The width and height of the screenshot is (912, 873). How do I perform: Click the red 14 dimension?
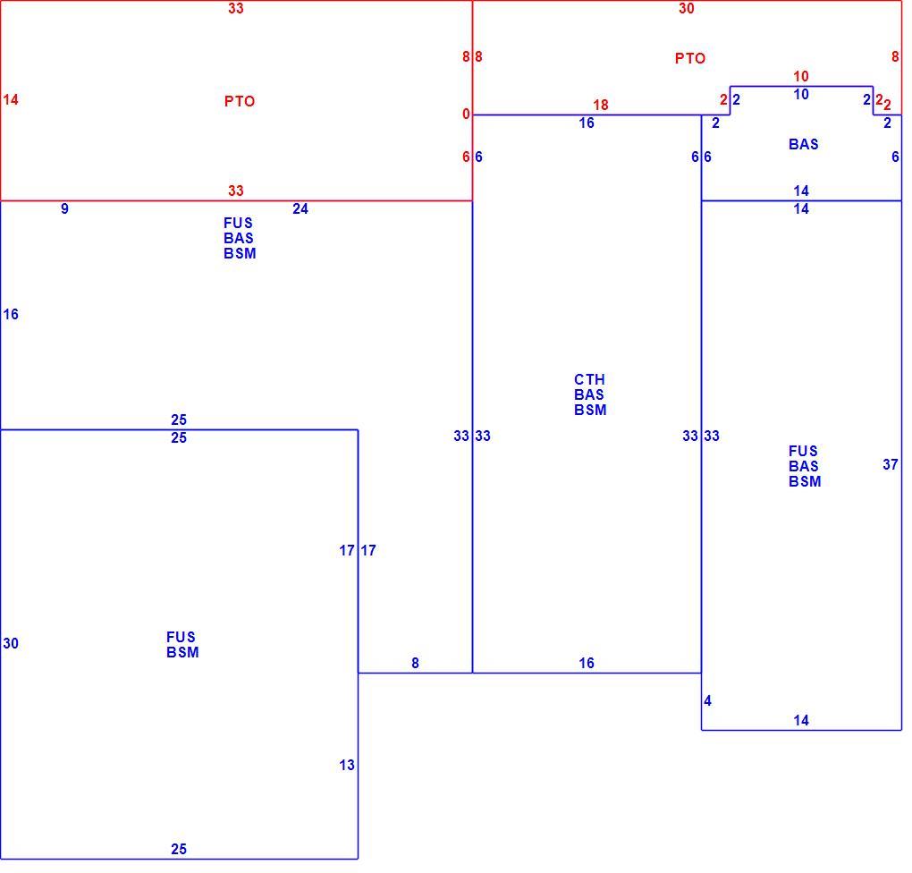pyautogui.click(x=11, y=99)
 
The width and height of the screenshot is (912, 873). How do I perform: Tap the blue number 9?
pyautogui.click(x=64, y=208)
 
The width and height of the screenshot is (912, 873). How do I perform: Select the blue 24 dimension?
pyautogui.click(x=300, y=208)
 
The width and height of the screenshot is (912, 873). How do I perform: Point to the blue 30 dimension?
pyautogui.click(x=11, y=643)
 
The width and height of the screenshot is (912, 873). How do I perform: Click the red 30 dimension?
pyautogui.click(x=687, y=8)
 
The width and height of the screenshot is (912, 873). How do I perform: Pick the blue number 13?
pyautogui.click(x=347, y=765)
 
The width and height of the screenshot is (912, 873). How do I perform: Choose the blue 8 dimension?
pyautogui.click(x=415, y=663)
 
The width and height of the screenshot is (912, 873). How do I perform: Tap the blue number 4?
pyautogui.click(x=707, y=700)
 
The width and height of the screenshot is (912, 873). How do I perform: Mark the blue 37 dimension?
pyautogui.click(x=890, y=464)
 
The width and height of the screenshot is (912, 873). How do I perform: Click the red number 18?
pyautogui.click(x=600, y=105)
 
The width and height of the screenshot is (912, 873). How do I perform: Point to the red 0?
pyautogui.click(x=466, y=114)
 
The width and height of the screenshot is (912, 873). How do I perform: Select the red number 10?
pyautogui.click(x=801, y=76)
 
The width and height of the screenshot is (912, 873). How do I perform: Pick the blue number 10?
pyautogui.click(x=801, y=94)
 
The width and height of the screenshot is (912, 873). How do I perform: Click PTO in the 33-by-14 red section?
pyautogui.click(x=240, y=101)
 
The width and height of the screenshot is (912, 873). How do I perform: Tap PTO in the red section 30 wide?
pyautogui.click(x=690, y=58)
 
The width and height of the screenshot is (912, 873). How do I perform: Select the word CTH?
pyautogui.click(x=589, y=379)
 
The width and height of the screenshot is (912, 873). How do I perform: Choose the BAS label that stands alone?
pyautogui.click(x=803, y=144)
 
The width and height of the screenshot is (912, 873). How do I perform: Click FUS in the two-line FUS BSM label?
pyautogui.click(x=181, y=637)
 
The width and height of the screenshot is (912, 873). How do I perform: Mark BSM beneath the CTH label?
pyautogui.click(x=590, y=410)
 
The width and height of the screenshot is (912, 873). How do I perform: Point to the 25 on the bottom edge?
pyautogui.click(x=179, y=849)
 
